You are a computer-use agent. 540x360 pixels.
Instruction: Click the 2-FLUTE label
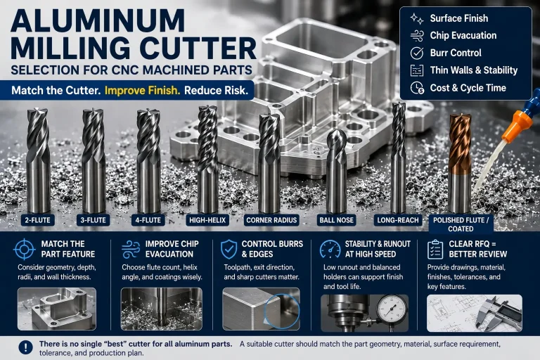coord(37,220)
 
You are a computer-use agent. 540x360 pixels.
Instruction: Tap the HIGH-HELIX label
coord(207,220)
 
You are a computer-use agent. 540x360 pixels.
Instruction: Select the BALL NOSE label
coord(337,220)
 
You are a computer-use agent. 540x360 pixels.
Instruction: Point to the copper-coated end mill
coord(460,164)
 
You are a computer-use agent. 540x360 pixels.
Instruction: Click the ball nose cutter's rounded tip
coord(337,136)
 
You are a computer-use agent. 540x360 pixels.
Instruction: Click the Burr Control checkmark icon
coord(417,53)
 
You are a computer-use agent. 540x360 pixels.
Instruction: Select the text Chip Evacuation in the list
coord(463,35)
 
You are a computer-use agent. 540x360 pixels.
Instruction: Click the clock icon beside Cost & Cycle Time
coord(417,88)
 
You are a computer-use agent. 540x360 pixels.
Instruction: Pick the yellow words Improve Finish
coord(142,90)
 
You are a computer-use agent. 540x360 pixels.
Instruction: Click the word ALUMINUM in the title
coord(98,20)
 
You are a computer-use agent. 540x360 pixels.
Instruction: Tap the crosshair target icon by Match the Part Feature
coord(25,249)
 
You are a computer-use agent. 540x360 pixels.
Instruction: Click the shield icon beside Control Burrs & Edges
coord(229,249)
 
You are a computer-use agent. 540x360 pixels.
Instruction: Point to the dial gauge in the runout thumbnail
coord(391,309)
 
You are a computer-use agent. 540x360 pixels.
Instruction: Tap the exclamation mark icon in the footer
coord(26,347)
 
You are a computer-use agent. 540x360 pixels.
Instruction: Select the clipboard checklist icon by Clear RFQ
coord(435,249)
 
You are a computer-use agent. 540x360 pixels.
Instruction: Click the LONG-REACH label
coord(398,220)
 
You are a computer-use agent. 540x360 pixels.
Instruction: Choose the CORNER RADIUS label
coord(271,220)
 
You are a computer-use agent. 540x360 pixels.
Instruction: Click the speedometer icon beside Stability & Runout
coord(330,249)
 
